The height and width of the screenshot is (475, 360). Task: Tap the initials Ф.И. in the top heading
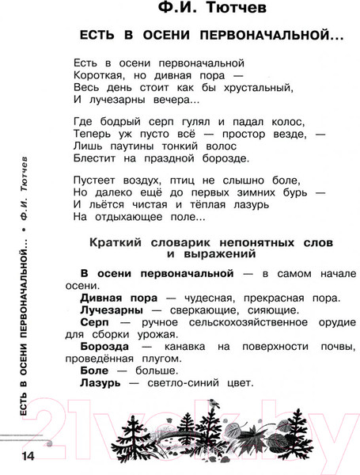tap(158, 13)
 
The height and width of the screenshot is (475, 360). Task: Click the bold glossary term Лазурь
tap(100, 384)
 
